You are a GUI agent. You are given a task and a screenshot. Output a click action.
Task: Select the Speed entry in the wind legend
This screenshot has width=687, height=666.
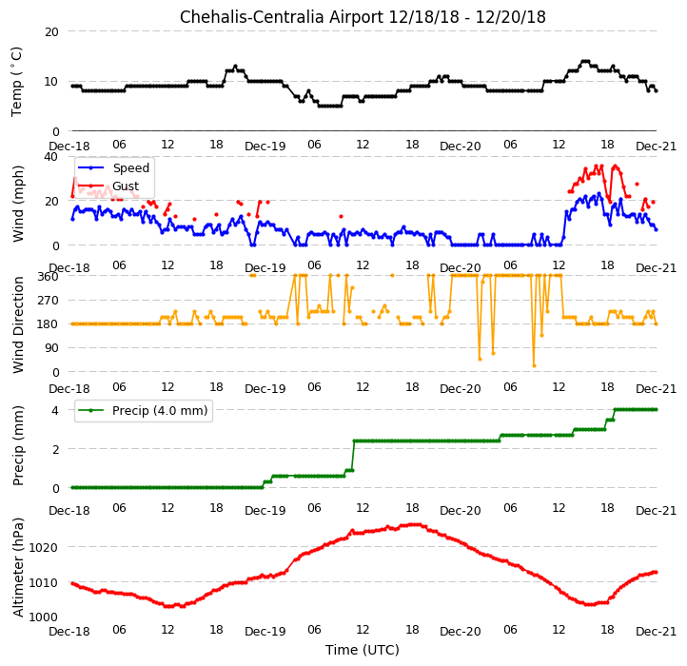coord(131,167)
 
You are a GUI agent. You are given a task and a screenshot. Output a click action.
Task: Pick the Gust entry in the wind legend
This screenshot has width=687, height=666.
coord(126,186)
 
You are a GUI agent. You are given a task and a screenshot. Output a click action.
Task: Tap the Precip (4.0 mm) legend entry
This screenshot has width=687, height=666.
coord(160,411)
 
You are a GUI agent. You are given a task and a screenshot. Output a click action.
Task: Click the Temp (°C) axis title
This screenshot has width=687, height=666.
coord(16,82)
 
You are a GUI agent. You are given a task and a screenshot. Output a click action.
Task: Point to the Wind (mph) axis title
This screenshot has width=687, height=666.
coord(17,204)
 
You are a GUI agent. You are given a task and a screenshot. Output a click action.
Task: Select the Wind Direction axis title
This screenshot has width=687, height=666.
coord(17,324)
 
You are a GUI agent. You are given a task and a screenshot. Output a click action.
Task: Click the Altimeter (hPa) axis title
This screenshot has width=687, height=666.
coord(17,567)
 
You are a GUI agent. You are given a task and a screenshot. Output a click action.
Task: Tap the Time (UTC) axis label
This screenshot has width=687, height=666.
coord(363,649)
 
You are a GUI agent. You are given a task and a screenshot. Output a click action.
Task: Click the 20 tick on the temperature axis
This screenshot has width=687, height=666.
coord(51,31)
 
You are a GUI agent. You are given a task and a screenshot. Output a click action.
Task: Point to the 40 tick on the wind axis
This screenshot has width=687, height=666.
coord(51,156)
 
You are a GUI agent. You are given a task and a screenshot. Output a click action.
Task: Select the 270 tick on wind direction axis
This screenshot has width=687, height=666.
coord(49,300)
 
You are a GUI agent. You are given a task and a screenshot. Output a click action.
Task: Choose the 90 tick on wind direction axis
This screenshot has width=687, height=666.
coord(51,348)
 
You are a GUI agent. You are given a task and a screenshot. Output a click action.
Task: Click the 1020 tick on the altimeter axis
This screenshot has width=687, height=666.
coord(44,547)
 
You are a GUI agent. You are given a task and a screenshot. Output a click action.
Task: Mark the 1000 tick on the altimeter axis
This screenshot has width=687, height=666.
coord(44,617)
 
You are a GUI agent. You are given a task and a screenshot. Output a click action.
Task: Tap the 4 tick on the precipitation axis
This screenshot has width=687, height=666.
coord(55,411)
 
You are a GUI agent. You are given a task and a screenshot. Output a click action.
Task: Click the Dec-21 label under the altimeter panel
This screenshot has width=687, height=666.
coord(656,631)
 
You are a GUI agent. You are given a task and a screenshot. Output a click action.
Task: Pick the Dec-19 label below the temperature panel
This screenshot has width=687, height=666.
coord(265,146)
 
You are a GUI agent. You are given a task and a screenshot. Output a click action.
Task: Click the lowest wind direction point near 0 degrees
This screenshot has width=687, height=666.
coord(534,366)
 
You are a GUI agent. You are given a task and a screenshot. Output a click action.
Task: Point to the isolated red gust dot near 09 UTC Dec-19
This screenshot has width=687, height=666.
coord(341,217)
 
